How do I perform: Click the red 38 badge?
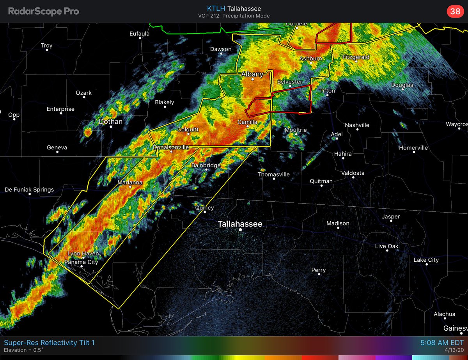455,11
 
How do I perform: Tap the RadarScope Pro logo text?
44,11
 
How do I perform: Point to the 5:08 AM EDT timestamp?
440,343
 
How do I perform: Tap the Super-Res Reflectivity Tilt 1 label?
49,343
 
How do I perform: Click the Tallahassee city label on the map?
240,224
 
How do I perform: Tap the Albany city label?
252,74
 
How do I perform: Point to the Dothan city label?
110,121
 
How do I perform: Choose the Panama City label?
81,262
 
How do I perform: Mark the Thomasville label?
273,174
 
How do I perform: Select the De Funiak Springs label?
29,190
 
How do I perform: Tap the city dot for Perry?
319,275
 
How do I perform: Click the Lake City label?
426,260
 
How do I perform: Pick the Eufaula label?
139,34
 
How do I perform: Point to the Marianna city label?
130,182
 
